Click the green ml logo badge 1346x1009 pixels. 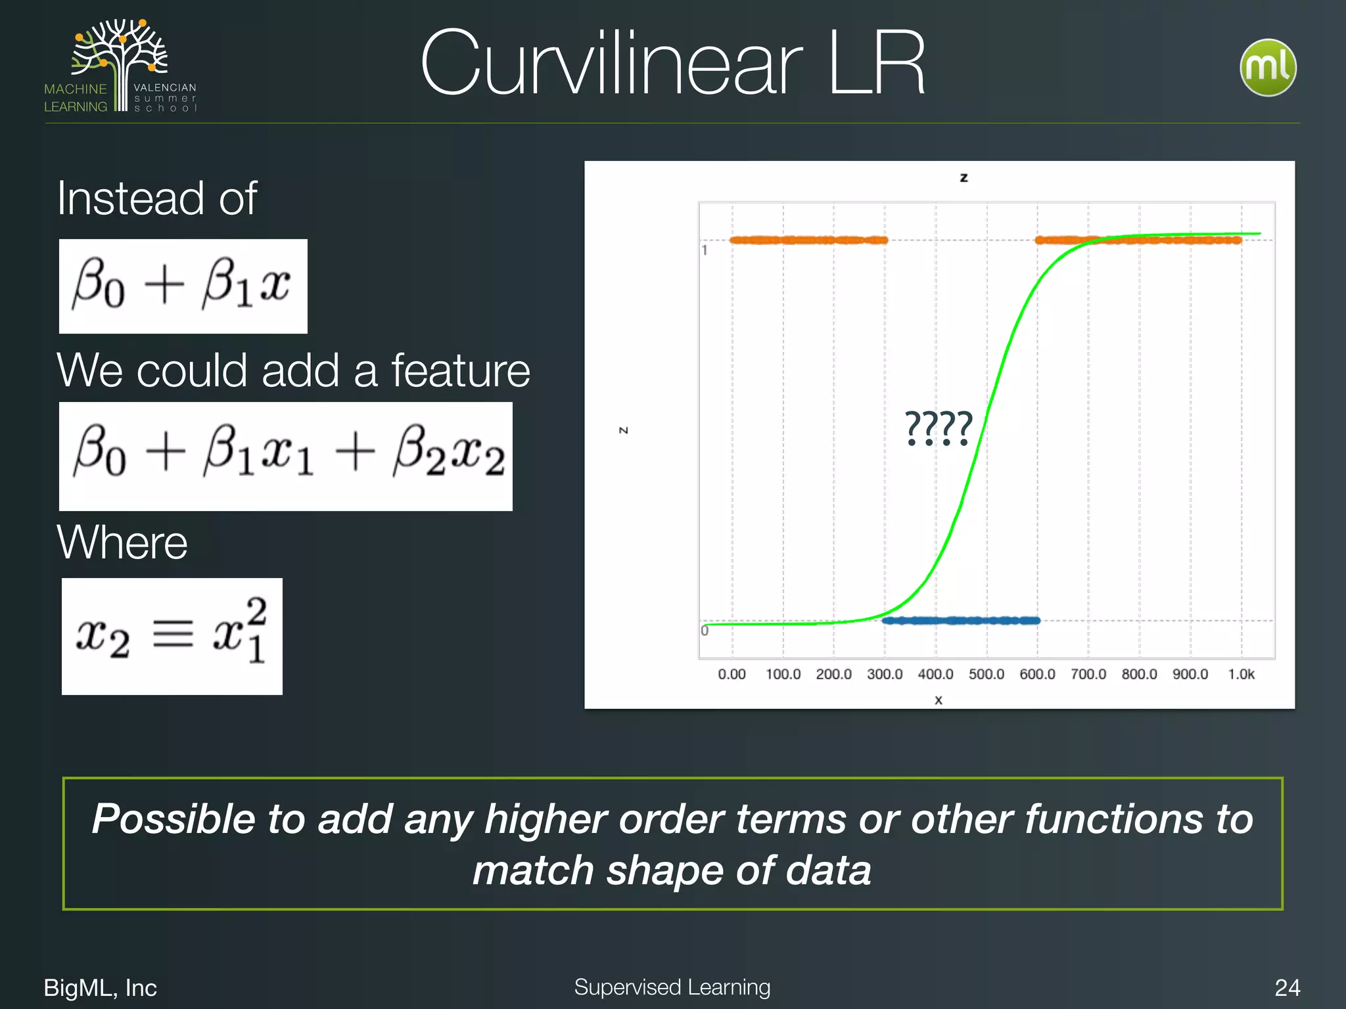(x=1268, y=68)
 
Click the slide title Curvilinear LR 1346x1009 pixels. (x=672, y=64)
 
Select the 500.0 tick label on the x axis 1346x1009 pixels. (x=986, y=675)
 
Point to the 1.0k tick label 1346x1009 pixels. (x=1241, y=675)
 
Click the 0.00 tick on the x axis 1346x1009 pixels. (x=731, y=675)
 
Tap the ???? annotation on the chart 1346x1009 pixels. (x=938, y=428)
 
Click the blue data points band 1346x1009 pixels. (x=960, y=620)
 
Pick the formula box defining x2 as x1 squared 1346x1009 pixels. (x=172, y=636)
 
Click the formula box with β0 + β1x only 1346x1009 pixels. (x=183, y=286)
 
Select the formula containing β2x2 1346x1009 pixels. (x=286, y=456)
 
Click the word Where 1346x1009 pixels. (x=122, y=543)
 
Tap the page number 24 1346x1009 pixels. (x=1287, y=987)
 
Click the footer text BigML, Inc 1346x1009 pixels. (x=100, y=987)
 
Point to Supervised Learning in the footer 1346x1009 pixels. (x=672, y=987)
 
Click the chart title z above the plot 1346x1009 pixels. (x=963, y=177)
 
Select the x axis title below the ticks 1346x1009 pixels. (x=939, y=700)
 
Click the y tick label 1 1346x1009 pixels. (x=705, y=250)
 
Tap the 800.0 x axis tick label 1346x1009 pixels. (x=1139, y=675)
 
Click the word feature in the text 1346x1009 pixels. (x=461, y=370)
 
